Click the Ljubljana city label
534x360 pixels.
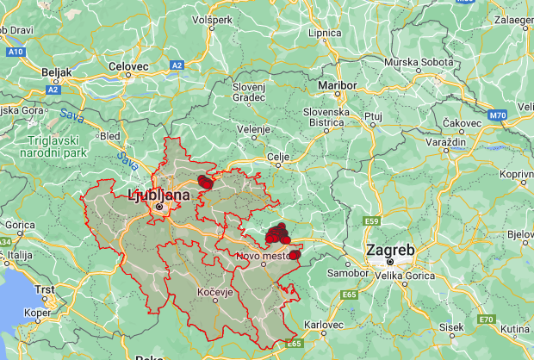tap(159, 196)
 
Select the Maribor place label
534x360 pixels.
tap(337, 86)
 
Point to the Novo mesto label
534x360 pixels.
tap(265, 255)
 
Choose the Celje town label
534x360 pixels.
tap(277, 156)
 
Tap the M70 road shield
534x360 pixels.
tap(498, 114)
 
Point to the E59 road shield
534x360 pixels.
tap(371, 221)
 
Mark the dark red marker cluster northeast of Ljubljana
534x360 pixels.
tap(205, 181)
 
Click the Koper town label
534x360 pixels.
tap(34, 314)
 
